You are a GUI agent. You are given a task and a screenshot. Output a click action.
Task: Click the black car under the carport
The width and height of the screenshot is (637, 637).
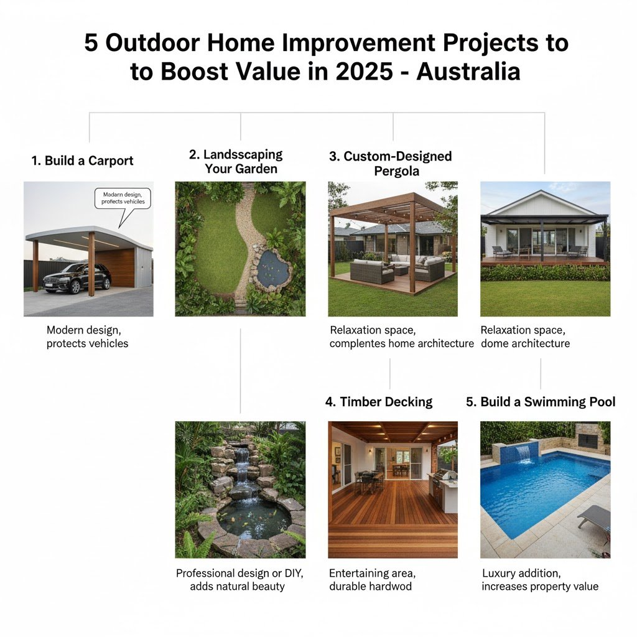[77, 278]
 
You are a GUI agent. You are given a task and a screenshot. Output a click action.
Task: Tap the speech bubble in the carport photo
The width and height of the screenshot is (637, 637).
[123, 199]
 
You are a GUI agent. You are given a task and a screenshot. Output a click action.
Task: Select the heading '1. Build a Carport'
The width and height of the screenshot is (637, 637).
[83, 161]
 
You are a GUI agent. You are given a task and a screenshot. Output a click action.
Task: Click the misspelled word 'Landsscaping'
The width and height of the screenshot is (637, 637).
[243, 154]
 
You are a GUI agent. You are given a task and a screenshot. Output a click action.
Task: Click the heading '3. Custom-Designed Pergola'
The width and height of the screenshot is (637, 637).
[391, 164]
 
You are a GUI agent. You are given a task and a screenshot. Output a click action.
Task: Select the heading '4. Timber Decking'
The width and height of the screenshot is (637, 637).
[379, 402]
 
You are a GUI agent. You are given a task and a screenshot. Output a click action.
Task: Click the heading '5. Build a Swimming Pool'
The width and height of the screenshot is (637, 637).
[541, 402]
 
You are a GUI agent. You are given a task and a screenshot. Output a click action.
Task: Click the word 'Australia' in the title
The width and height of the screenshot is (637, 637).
[468, 72]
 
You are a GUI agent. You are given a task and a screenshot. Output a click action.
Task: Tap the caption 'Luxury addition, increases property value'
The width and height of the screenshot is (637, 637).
[540, 580]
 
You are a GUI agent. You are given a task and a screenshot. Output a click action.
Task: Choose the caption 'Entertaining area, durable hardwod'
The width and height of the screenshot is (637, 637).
[372, 580]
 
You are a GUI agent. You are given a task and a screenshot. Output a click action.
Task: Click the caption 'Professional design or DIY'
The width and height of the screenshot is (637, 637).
[239, 573]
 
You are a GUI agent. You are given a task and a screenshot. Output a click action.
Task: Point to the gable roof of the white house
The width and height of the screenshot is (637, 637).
[544, 203]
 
